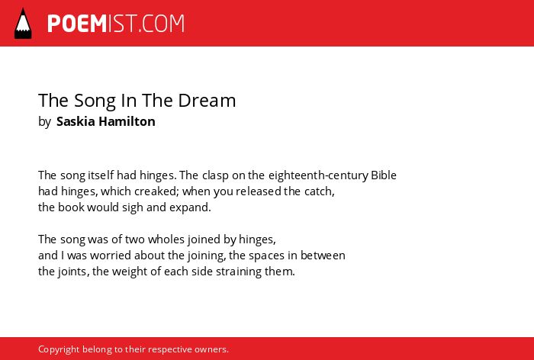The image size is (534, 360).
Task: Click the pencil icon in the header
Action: (x=23, y=23)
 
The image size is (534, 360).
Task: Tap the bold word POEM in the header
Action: (x=77, y=24)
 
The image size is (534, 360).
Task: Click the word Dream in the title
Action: (x=207, y=100)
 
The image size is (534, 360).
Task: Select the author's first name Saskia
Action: (x=76, y=121)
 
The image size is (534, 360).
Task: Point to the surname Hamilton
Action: (x=127, y=121)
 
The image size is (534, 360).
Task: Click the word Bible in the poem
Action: (x=384, y=175)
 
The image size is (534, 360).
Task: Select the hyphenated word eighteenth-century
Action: (x=318, y=175)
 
